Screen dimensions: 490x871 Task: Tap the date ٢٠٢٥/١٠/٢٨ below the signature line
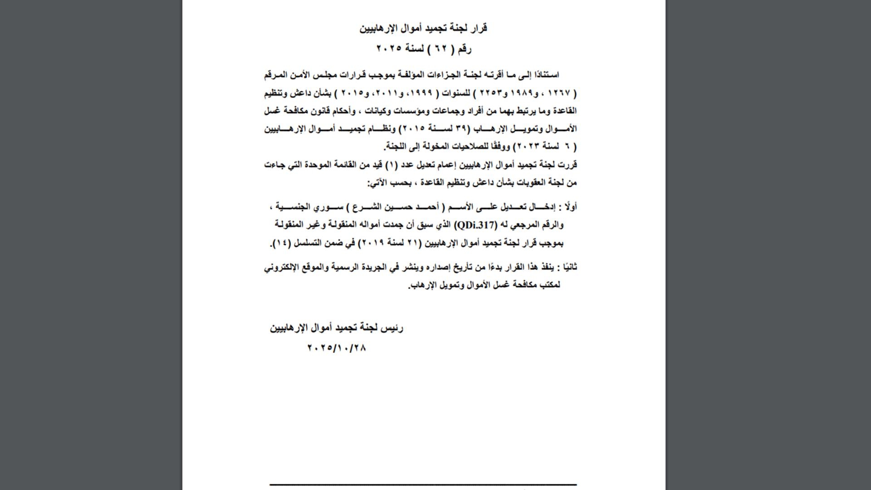click(337, 348)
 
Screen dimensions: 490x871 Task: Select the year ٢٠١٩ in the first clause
click(372, 243)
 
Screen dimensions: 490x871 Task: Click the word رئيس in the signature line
click(393, 328)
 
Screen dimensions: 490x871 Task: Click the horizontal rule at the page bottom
click(423, 485)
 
